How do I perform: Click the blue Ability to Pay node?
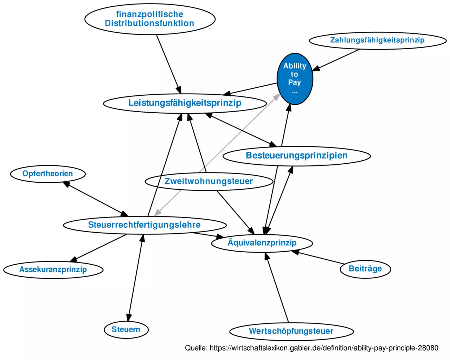tap(295, 78)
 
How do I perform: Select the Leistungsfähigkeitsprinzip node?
tap(185, 103)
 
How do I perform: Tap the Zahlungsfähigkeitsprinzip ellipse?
tap(377, 40)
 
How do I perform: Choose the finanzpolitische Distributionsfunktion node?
tap(149, 19)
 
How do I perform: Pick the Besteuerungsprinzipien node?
tap(296, 156)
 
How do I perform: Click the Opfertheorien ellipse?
tap(47, 173)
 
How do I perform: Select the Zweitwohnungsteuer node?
tap(208, 181)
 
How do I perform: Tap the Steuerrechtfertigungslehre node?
tap(144, 225)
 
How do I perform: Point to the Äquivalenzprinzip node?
tap(262, 243)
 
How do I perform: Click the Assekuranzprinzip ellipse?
tap(53, 270)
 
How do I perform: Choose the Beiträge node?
tap(365, 269)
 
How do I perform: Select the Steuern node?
tap(126, 329)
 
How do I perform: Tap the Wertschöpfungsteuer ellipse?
tap(291, 331)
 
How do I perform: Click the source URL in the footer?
tap(324, 348)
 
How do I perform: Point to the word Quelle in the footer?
tap(195, 348)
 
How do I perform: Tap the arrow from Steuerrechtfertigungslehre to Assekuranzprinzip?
tap(98, 248)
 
